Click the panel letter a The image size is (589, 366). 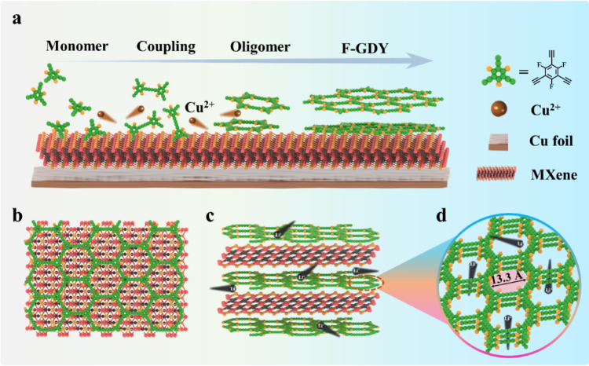coord(16,20)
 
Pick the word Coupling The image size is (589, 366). coord(166,46)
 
